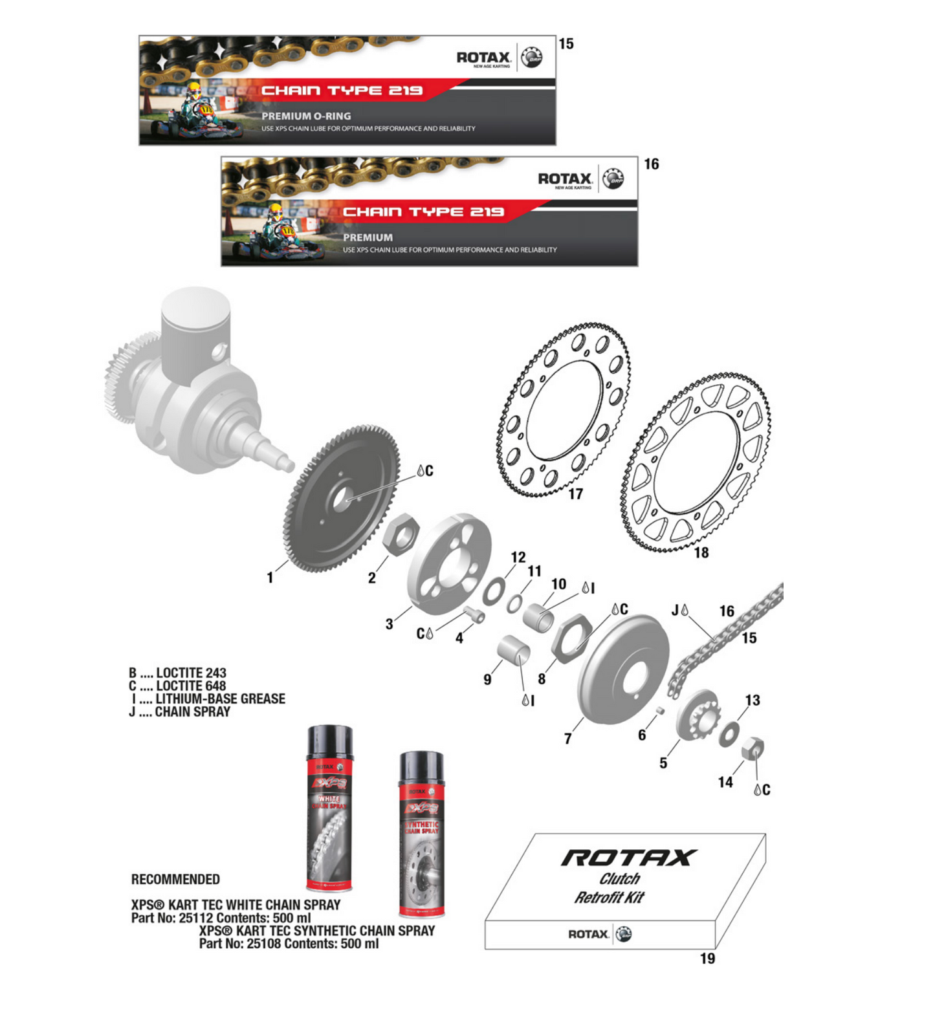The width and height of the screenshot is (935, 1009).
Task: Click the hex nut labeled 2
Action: [x=400, y=534]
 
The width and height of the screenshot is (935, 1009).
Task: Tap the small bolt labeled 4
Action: [x=476, y=614]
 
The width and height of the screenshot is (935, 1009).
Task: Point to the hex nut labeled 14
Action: [x=752, y=748]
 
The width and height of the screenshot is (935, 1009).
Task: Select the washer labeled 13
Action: [x=730, y=733]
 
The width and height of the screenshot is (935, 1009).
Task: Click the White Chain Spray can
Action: [x=330, y=808]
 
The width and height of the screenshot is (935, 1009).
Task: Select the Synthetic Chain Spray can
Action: [x=422, y=834]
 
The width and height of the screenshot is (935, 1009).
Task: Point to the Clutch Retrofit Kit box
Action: [x=624, y=893]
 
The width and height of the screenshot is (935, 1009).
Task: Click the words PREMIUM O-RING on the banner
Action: [x=306, y=116]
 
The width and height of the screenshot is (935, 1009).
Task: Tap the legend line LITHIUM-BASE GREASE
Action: [x=219, y=699]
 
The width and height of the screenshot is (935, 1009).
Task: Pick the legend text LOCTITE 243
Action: [x=191, y=673]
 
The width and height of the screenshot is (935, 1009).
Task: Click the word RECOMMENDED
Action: [x=175, y=880]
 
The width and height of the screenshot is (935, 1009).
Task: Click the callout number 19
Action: [x=707, y=959]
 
